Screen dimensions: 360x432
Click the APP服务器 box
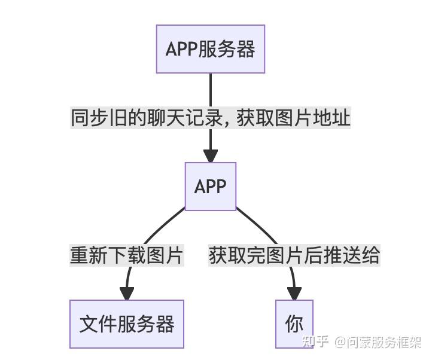coord(210,49)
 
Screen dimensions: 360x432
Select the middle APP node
coord(211,186)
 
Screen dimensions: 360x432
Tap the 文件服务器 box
coord(127,324)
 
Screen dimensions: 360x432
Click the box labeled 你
coord(294,324)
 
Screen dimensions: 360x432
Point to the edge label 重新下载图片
coord(127,255)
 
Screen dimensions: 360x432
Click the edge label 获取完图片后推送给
coord(294,255)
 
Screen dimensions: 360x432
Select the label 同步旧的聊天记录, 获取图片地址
coord(211,118)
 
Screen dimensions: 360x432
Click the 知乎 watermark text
coord(315,342)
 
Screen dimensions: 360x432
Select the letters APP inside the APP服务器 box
coord(181,49)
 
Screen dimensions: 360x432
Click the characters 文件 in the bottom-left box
coord(98,324)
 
